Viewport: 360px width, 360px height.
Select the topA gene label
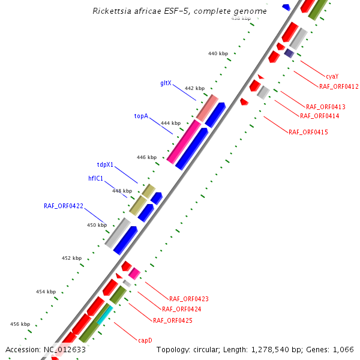click(x=141, y=116)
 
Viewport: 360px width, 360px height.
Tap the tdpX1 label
click(x=105, y=164)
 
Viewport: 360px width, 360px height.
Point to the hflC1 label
click(x=96, y=178)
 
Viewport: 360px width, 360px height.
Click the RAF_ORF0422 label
click(x=64, y=206)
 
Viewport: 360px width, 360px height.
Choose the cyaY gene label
click(x=332, y=76)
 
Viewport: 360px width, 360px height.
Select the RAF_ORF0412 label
click(x=339, y=86)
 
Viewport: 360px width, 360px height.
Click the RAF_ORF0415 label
click(x=308, y=132)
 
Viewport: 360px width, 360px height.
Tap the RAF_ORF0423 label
click(x=189, y=298)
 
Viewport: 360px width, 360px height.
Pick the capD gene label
click(x=145, y=340)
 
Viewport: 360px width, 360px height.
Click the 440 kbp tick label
click(x=218, y=54)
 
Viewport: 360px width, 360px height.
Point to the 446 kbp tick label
click(x=146, y=158)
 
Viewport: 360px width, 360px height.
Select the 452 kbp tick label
click(x=71, y=258)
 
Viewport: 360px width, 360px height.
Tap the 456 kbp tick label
click(x=20, y=324)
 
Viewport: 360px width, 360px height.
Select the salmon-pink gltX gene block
click(x=207, y=107)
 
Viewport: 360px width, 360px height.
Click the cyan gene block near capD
click(x=104, y=314)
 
